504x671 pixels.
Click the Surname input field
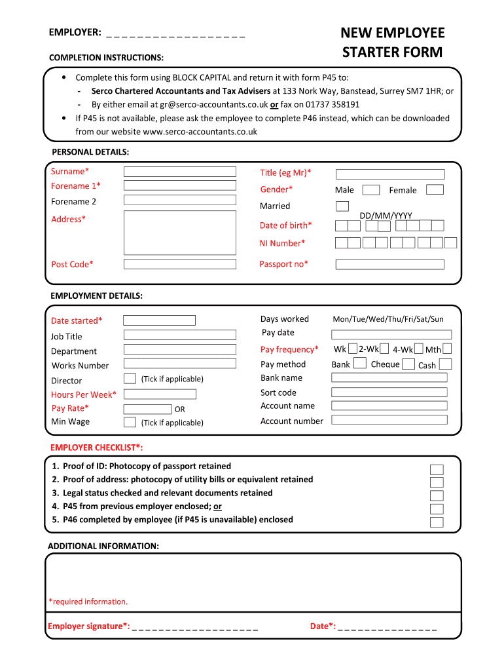pyautogui.click(x=180, y=172)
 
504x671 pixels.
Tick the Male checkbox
pyautogui.click(x=371, y=190)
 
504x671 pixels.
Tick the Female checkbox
pyautogui.click(x=435, y=189)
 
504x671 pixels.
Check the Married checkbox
pyautogui.click(x=342, y=206)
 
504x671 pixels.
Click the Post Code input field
pyautogui.click(x=180, y=264)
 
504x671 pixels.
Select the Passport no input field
pyautogui.click(x=389, y=265)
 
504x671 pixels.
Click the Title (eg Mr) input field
pyautogui.click(x=390, y=174)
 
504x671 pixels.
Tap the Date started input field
pyautogui.click(x=159, y=320)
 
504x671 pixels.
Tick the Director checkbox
pyautogui.click(x=130, y=379)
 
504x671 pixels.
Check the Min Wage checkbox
pyautogui.click(x=130, y=422)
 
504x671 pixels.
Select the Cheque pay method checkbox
pyautogui.click(x=408, y=364)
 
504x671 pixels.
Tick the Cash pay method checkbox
pyautogui.click(x=446, y=364)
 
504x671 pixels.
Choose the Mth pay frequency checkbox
pyautogui.click(x=447, y=349)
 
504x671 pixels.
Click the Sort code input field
pyautogui.click(x=389, y=392)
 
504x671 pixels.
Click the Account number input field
pyautogui.click(x=389, y=419)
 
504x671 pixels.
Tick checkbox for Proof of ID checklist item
pyautogui.click(x=437, y=469)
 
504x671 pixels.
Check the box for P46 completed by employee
pyautogui.click(x=437, y=522)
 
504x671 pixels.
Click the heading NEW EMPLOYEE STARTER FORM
pyautogui.click(x=392, y=43)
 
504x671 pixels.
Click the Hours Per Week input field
pyautogui.click(x=160, y=394)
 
